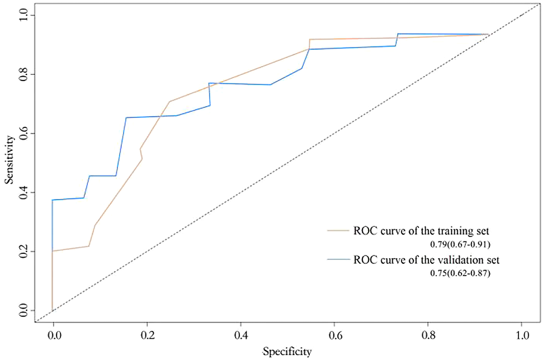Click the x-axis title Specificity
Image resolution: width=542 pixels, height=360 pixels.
tap(288, 351)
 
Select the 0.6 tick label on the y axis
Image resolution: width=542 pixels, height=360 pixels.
tap(23, 134)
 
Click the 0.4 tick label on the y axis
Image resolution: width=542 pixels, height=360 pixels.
tap(23, 193)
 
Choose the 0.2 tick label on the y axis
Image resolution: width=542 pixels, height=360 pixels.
tap(23, 252)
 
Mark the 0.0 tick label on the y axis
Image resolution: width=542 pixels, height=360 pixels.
tap(23, 311)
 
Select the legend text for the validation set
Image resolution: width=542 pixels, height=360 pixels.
tap(426, 260)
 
